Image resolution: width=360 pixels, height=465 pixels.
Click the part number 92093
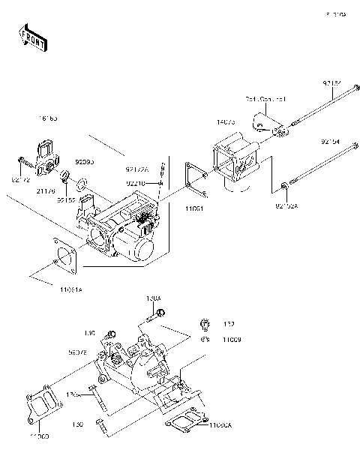83,162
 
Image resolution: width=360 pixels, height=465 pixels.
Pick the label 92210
136,183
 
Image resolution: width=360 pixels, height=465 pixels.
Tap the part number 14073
227,121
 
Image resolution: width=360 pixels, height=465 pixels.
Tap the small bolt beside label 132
204,325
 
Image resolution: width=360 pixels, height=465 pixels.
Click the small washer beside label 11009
204,339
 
